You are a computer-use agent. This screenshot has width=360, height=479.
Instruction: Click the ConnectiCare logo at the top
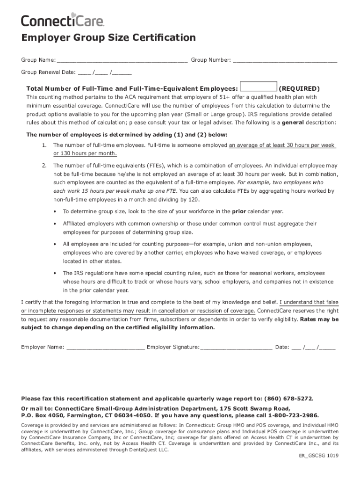coord(62,20)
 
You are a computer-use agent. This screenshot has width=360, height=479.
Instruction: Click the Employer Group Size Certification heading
coord(108,38)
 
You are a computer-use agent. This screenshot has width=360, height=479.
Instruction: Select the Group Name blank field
coord(122,60)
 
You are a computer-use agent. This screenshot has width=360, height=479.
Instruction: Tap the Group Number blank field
coord(285,60)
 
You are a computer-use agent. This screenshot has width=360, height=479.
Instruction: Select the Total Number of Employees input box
coord(258,87)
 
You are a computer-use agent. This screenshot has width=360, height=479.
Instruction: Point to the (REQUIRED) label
coord(299,88)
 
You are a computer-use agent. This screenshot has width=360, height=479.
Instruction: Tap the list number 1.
coord(43,145)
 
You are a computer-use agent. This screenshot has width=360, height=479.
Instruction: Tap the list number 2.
coord(43,166)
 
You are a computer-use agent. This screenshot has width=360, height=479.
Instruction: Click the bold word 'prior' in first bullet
coord(239,211)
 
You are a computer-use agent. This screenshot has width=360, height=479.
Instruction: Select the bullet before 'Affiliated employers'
coord(56,224)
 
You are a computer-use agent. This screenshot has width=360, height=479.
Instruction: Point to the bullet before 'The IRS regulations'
coord(56,273)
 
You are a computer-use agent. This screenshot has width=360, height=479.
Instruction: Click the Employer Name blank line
coord(106,348)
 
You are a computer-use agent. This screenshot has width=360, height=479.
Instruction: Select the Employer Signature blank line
coord(236,348)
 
